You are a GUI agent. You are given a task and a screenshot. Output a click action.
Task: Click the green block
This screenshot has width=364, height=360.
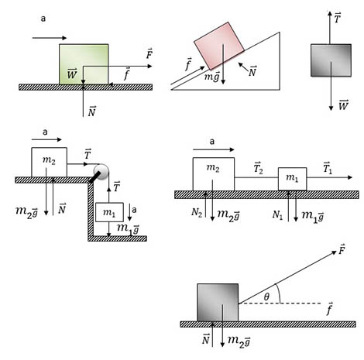tap(84, 64)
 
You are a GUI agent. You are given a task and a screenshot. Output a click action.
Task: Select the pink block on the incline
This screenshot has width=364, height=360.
tap(219, 46)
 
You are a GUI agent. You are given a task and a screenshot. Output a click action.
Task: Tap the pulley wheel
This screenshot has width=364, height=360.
tap(101, 171)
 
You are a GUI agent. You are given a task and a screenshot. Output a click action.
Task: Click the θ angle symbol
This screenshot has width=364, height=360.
tap(266, 297)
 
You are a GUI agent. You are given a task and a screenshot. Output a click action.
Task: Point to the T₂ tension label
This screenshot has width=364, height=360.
tap(258, 168)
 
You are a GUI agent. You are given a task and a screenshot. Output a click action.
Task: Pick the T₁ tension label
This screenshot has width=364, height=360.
tap(328, 168)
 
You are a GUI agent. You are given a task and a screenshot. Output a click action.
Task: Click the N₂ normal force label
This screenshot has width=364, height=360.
tap(197, 212)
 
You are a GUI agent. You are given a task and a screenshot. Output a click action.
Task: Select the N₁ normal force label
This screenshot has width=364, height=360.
tap(277, 214)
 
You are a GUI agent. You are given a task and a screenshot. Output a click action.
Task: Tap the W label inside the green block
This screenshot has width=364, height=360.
tap(72, 74)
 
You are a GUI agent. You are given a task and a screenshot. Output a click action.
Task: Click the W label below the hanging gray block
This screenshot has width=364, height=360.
tap(343, 105)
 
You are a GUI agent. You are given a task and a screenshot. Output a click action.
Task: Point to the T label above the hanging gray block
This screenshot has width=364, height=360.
tap(337, 18)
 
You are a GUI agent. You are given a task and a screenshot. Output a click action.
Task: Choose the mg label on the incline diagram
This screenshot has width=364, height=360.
tap(212, 77)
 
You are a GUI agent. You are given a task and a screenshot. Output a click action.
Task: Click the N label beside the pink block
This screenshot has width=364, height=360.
tap(252, 71)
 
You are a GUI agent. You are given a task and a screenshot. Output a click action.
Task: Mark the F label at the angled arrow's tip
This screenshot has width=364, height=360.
tap(342, 249)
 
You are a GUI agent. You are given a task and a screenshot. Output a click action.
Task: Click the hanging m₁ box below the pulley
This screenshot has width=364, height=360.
tap(109, 212)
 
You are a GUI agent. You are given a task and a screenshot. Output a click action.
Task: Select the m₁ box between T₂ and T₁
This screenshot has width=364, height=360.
tap(292, 179)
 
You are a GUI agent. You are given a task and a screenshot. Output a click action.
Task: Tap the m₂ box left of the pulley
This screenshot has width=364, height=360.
tap(49, 162)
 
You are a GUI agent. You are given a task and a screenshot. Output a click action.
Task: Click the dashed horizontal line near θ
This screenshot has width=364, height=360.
tap(280, 303)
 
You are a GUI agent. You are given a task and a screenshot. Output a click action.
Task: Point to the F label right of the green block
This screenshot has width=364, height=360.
tap(149, 53)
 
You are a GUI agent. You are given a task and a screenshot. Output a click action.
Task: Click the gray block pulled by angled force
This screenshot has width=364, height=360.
tap(218, 303)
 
